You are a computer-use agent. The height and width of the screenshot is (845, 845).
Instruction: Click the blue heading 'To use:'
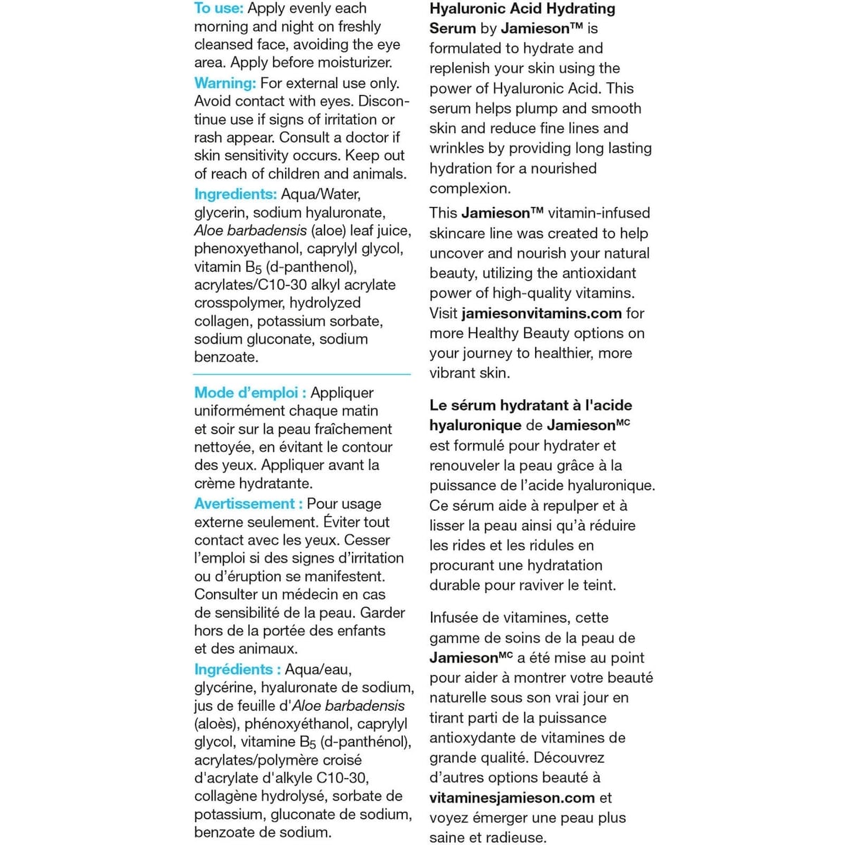point(218,8)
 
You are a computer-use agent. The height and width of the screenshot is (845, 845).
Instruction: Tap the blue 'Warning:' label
point(225,83)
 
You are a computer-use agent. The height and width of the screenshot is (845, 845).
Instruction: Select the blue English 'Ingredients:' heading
point(235,194)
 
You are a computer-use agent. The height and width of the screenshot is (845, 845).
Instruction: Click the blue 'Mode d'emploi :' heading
point(250,393)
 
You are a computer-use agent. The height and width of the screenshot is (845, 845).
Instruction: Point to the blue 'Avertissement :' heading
point(249,504)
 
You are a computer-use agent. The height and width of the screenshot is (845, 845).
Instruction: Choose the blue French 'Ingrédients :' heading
point(237,670)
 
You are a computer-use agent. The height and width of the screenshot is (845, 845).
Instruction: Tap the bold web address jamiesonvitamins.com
point(542,313)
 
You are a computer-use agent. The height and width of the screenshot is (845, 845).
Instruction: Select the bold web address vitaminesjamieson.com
point(512,798)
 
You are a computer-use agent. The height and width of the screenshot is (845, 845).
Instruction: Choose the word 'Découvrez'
point(568,758)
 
